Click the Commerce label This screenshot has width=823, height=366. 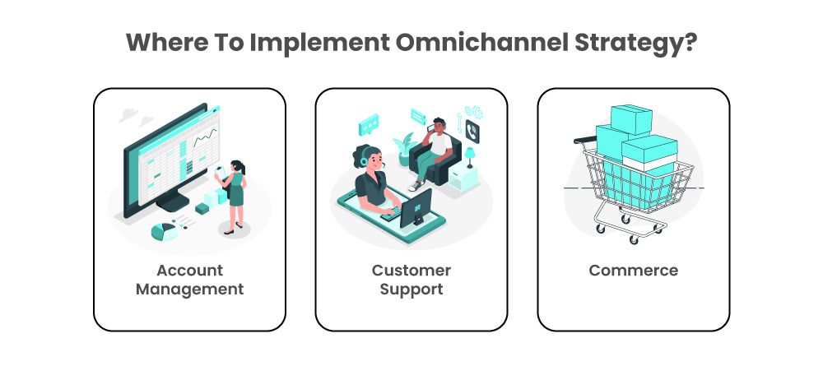point(633,271)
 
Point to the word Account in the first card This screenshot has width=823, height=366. point(189,271)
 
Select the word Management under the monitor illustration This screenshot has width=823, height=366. point(189,290)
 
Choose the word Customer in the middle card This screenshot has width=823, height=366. point(411,271)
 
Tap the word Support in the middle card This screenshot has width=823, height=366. point(411,290)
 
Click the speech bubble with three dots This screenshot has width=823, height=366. point(368,125)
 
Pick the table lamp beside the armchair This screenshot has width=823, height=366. point(470,154)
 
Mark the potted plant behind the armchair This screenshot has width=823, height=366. point(403,148)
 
